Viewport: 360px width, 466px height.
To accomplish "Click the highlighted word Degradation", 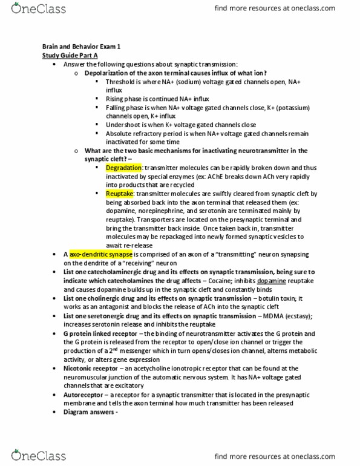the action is pos(123,167).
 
